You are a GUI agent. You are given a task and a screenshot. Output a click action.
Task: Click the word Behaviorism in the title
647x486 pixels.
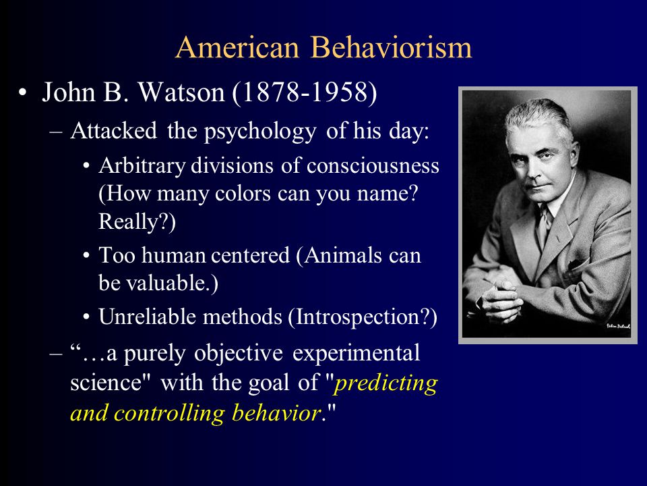tap(391, 47)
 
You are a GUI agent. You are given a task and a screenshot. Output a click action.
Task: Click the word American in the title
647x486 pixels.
tap(237, 47)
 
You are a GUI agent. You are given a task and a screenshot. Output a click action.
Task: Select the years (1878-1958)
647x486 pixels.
tap(305, 92)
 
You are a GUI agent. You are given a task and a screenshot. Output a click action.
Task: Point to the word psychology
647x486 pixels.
tap(260, 132)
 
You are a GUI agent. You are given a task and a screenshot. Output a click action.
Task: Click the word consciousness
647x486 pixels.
tap(373, 166)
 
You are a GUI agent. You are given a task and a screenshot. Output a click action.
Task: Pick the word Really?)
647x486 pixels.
tap(137, 221)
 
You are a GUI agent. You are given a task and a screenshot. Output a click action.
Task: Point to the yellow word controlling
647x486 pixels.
tap(169, 413)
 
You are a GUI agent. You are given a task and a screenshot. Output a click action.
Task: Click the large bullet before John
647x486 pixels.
tap(23, 92)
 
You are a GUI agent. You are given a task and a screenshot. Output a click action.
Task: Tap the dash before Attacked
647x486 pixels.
tap(56, 133)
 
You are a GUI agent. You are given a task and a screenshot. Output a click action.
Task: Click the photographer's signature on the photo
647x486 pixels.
tap(618, 326)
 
